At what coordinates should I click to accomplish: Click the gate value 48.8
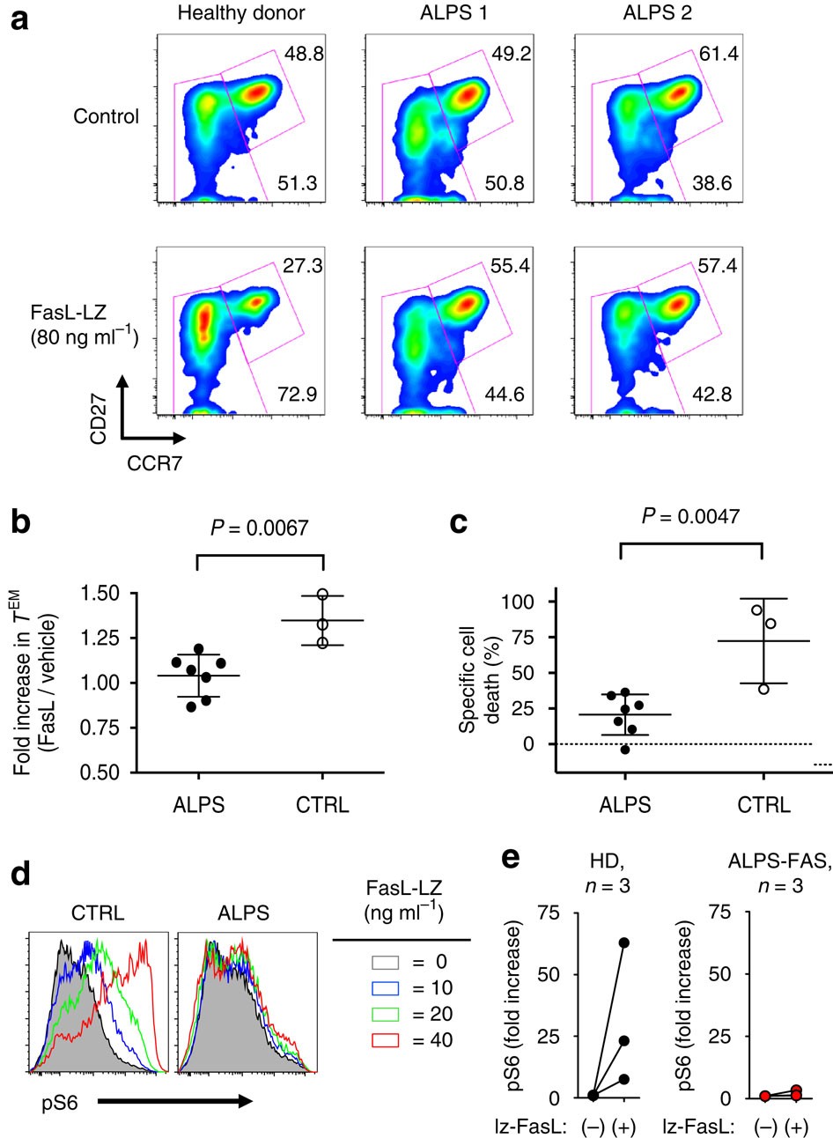click(x=305, y=54)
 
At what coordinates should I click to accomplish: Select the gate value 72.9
click(x=297, y=394)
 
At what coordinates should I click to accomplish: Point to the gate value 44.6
click(x=505, y=394)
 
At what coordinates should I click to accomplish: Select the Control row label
click(x=107, y=116)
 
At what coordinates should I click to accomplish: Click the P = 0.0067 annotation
click(x=260, y=528)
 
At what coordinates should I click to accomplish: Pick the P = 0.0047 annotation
click(x=690, y=515)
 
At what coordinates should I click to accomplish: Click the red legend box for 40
click(x=380, y=1040)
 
